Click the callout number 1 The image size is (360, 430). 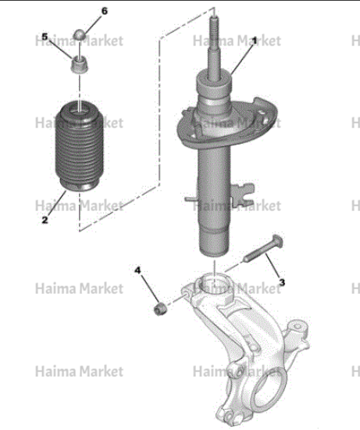coord(255,41)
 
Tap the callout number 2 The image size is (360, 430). coord(45,220)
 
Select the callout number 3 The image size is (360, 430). coord(282,282)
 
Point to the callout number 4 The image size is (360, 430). coord(137,271)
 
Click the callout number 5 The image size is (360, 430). coord(45,37)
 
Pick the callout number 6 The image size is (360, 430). coord(105,11)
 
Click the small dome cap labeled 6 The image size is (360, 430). coord(80,35)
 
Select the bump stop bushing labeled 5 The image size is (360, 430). coord(80,65)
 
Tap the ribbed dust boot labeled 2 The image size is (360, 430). coord(79,146)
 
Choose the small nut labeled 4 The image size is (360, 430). coord(160,309)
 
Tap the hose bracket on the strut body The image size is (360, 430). coord(243,195)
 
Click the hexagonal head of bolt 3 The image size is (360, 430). coord(277,241)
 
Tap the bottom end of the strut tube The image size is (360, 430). coord(214,252)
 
